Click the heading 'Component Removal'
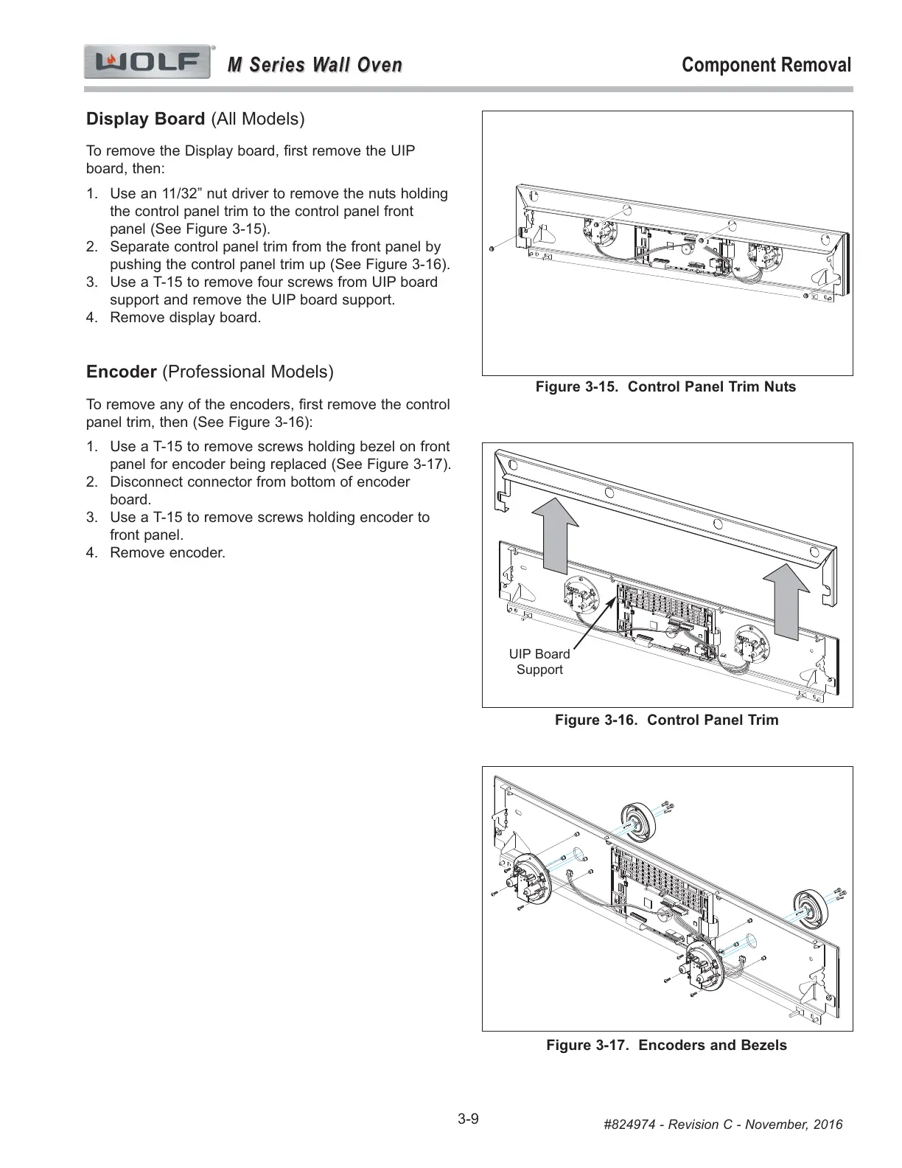point(766,65)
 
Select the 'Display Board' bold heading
point(145,119)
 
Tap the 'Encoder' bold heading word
point(121,372)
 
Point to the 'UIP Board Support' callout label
point(539,661)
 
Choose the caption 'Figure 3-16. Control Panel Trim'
point(666,720)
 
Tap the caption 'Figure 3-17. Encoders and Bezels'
point(666,1045)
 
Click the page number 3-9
point(468,1119)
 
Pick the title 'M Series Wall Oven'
point(315,65)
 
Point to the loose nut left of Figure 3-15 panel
point(492,248)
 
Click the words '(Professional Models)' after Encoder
point(247,372)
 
